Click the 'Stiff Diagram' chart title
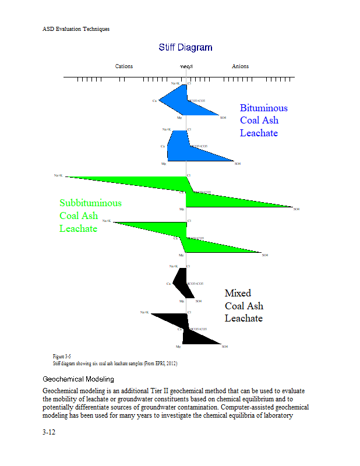point(185,47)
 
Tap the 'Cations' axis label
point(124,66)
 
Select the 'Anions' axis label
point(240,66)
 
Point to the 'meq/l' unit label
point(186,66)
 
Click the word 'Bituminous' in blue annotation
point(263,108)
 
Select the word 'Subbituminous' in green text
point(90,203)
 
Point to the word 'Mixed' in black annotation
point(238,293)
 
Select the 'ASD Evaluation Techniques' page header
point(76,29)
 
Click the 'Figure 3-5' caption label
point(62,356)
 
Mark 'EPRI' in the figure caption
point(156,363)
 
